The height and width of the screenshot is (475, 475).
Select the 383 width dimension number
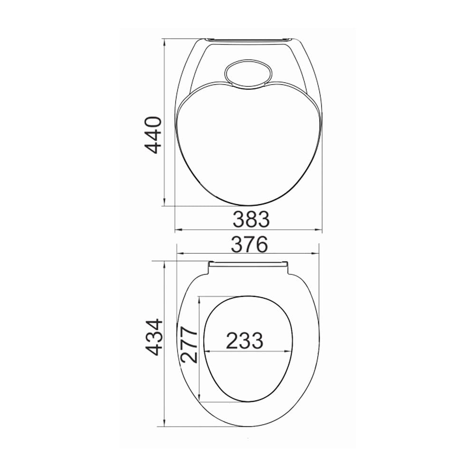251,219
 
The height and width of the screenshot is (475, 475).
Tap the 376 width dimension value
249,245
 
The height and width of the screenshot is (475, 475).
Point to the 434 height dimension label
154,337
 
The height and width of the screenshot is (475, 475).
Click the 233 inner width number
244,340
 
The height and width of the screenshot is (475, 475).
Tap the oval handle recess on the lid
246,74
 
